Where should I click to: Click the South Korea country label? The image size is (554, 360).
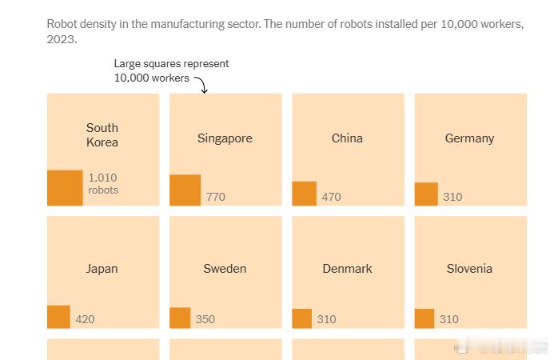[102, 134]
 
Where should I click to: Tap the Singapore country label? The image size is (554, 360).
[225, 138]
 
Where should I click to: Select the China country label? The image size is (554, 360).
[347, 138]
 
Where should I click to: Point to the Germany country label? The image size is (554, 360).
[469, 138]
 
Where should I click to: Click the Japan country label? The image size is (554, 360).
[102, 269]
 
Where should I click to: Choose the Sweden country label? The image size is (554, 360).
[225, 269]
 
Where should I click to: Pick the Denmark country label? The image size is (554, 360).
[347, 269]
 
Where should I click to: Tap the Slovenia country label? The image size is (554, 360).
[469, 269]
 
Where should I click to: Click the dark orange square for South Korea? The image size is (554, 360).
[65, 188]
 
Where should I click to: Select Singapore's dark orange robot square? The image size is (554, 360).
[185, 190]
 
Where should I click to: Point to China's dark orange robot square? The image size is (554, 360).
[305, 194]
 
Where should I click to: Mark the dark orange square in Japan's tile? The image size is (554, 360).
[59, 317]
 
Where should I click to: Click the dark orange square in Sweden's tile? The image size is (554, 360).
[180, 318]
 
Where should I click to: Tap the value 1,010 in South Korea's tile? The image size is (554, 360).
[102, 178]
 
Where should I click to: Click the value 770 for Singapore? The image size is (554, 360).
[216, 197]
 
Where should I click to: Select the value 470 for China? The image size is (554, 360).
[331, 197]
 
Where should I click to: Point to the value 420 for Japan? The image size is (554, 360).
[85, 319]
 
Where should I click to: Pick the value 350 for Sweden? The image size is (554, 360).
[205, 319]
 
